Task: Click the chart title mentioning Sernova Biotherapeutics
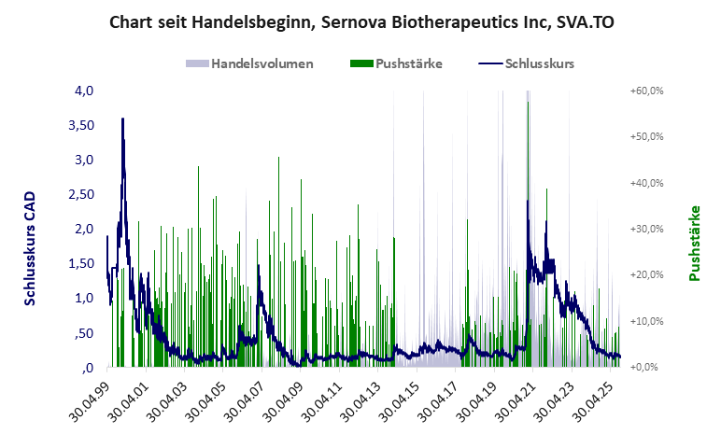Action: tap(360, 21)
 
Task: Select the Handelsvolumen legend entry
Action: tap(249, 64)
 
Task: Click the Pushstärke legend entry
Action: tap(396, 64)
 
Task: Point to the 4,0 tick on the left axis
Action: tap(85, 91)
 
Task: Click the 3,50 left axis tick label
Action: tap(81, 125)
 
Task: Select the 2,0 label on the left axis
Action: tap(85, 229)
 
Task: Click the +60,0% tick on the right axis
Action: tap(646, 91)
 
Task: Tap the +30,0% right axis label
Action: tap(646, 229)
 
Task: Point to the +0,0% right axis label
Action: tap(646, 367)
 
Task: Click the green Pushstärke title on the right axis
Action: tap(694, 243)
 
